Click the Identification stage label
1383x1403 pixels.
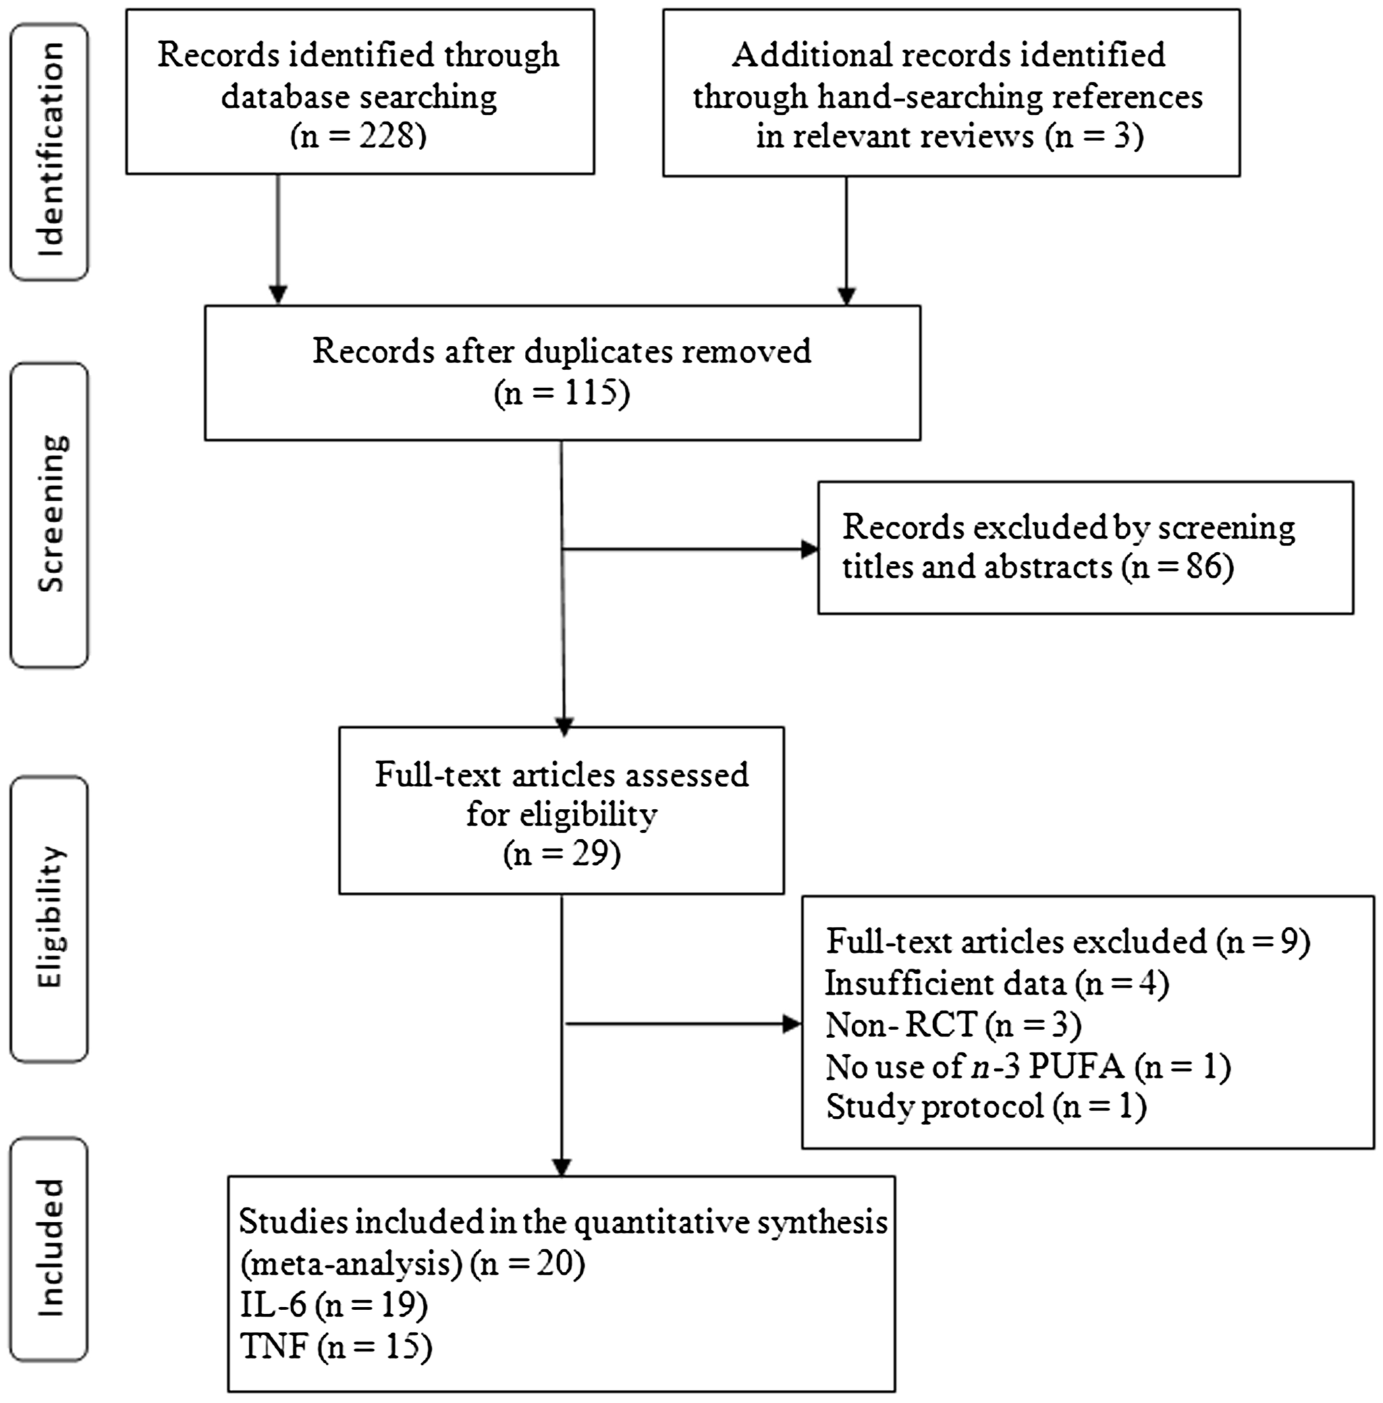pos(49,151)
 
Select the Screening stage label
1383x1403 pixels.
pos(49,514)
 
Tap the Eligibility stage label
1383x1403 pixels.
pos(49,918)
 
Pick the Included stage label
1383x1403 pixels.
pos(49,1248)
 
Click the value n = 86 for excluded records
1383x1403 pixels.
pos(1178,567)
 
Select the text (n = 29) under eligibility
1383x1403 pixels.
pos(562,854)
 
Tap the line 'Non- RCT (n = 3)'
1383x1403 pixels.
pos(953,1026)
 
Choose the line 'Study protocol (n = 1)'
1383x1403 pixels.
pos(986,1107)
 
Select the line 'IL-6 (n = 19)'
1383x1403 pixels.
pos(333,1306)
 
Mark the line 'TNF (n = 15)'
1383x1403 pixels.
pos(336,1347)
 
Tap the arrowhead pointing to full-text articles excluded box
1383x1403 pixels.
pos(792,1025)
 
